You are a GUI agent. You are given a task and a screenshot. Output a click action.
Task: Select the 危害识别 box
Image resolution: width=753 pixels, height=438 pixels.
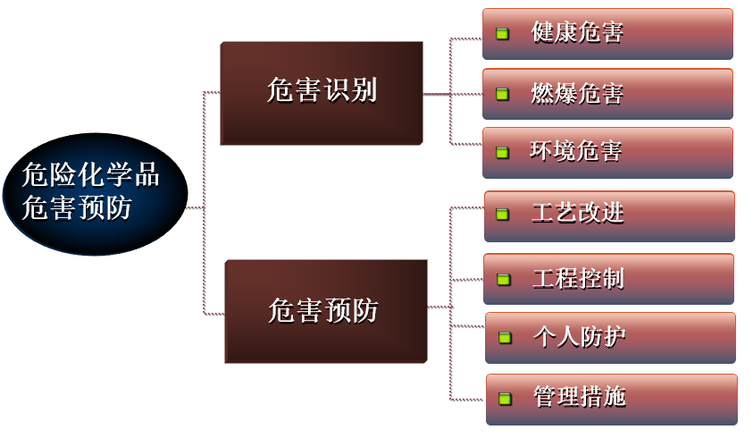[321, 92]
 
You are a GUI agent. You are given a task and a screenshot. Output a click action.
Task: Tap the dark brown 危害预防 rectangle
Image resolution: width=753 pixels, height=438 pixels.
[325, 311]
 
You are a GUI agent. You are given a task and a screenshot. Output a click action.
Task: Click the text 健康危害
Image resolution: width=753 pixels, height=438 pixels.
[576, 33]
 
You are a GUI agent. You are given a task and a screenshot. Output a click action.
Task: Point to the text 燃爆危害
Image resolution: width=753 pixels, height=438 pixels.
[576, 93]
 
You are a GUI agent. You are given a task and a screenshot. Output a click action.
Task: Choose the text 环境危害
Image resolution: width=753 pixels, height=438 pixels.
[576, 151]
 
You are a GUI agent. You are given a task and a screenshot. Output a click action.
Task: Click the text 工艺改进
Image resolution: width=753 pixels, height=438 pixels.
[578, 214]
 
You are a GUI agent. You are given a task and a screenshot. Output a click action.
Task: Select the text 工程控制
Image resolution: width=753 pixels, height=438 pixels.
[578, 278]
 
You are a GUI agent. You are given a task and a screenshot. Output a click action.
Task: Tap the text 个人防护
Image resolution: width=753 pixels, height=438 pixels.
[579, 337]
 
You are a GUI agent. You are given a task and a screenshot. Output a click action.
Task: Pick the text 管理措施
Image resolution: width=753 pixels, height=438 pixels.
[580, 397]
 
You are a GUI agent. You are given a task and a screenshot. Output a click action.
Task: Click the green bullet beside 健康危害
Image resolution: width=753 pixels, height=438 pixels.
[502, 34]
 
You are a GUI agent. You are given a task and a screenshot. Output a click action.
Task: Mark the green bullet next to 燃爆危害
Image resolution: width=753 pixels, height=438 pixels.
[502, 93]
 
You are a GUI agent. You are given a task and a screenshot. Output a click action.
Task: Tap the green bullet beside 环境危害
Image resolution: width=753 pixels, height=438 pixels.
[502, 152]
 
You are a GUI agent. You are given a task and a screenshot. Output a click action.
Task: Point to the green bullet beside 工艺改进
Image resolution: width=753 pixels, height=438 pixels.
[503, 215]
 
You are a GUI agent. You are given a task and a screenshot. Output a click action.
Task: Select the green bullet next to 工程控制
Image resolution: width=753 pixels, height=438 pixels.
[504, 279]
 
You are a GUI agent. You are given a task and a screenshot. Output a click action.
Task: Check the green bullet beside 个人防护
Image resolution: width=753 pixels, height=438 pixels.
[505, 338]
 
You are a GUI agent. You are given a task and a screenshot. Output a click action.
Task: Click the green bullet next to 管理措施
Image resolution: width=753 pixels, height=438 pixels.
[506, 398]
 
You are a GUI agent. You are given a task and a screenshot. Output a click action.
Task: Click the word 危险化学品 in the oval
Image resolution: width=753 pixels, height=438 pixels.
[91, 175]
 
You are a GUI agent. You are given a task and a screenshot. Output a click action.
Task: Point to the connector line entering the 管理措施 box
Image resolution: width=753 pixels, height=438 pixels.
[469, 400]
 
